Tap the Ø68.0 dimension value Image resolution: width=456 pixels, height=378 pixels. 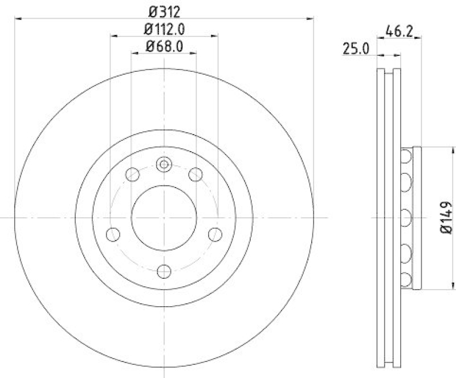coord(165,47)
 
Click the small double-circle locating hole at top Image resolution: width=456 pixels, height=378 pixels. coord(164,165)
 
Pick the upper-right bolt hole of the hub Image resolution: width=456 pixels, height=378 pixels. coord(196,174)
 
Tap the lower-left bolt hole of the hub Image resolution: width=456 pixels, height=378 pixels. coord(113,234)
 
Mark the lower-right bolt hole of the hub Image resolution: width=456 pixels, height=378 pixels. coord(215,234)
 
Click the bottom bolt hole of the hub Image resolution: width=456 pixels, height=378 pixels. coord(164,271)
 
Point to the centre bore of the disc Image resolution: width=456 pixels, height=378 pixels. coord(164,217)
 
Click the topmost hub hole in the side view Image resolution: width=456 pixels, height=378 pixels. coord(406,156)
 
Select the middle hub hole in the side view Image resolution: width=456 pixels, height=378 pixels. coord(406,217)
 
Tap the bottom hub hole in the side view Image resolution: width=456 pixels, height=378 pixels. coord(406,279)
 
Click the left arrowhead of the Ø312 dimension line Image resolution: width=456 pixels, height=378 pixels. coord(17,19)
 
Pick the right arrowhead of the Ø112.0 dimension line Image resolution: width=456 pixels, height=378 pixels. coord(215,36)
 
